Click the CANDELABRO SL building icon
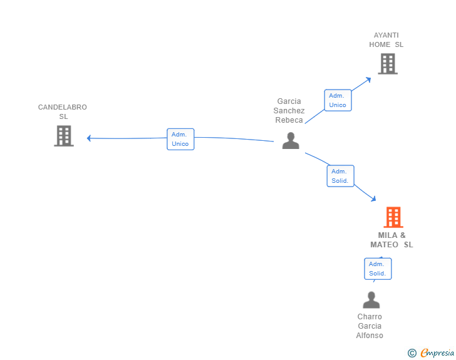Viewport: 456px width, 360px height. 64,136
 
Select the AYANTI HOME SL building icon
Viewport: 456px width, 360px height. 388,64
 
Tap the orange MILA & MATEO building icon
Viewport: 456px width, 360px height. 393,217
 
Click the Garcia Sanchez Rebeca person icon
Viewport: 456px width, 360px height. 291,140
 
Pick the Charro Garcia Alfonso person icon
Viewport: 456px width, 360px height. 371,300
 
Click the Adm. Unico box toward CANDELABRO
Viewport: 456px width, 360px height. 180,139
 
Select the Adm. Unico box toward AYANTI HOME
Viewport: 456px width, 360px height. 338,100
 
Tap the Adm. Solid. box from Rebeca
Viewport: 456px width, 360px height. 341,176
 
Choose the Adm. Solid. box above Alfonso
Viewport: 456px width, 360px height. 378,269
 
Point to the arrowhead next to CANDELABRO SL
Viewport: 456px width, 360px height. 89,138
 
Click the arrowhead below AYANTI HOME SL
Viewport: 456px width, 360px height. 368,80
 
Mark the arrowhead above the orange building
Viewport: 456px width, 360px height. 373,198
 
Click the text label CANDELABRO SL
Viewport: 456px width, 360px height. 63,111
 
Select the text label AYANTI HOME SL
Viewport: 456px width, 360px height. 386,40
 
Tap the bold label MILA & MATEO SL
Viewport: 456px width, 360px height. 391,240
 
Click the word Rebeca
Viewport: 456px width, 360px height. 289,120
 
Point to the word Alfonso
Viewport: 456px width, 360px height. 370,336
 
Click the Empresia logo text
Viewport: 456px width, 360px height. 437,352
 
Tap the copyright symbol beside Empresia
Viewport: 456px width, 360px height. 412,353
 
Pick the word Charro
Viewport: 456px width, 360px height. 370,317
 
